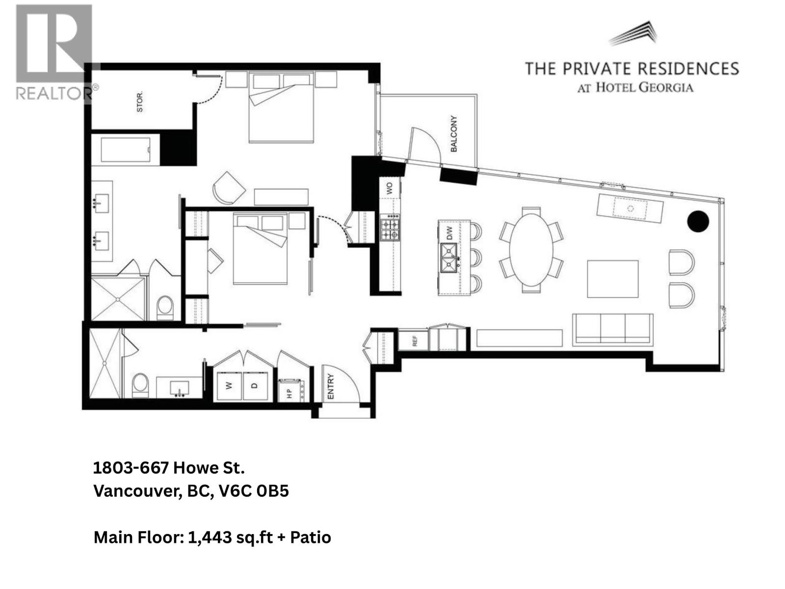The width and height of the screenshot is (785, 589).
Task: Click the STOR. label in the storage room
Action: pos(140,102)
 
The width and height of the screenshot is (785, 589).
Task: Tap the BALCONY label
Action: pos(454,134)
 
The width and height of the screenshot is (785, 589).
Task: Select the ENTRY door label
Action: pos(330,386)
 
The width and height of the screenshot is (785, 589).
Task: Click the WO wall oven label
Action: pos(390,187)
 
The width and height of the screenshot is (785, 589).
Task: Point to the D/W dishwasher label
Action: pos(448,235)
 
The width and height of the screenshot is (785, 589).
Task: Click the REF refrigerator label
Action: pos(415,341)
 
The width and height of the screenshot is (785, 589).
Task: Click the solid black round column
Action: pos(698,221)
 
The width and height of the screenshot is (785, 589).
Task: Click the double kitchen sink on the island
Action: pos(449,258)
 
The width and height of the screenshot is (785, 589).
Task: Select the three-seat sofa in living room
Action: pos(612,330)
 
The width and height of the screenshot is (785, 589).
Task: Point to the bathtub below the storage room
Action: pos(126,149)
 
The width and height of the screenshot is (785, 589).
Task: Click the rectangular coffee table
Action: pos(613,278)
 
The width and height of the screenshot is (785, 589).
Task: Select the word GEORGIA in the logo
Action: pos(669,88)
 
